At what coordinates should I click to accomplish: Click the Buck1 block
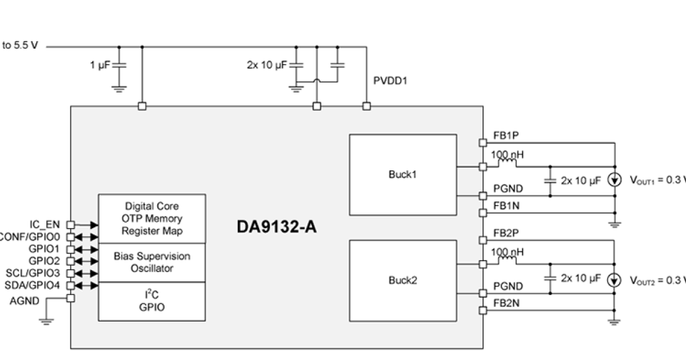(x=402, y=174)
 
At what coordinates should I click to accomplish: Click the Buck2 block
(x=402, y=280)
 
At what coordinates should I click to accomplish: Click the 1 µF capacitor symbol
(x=119, y=66)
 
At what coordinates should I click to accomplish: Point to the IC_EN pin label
(x=45, y=225)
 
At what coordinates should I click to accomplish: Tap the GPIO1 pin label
(x=45, y=249)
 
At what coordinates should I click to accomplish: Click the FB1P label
(x=506, y=136)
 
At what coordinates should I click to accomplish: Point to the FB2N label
(x=506, y=303)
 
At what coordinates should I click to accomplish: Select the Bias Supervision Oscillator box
(x=151, y=262)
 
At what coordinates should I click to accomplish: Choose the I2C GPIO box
(x=151, y=301)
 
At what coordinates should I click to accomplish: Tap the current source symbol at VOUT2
(x=615, y=280)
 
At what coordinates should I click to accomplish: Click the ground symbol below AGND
(x=46, y=321)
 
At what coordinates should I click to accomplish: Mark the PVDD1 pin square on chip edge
(x=366, y=106)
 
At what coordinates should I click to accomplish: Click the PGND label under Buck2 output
(x=508, y=286)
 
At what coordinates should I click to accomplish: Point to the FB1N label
(x=506, y=205)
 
